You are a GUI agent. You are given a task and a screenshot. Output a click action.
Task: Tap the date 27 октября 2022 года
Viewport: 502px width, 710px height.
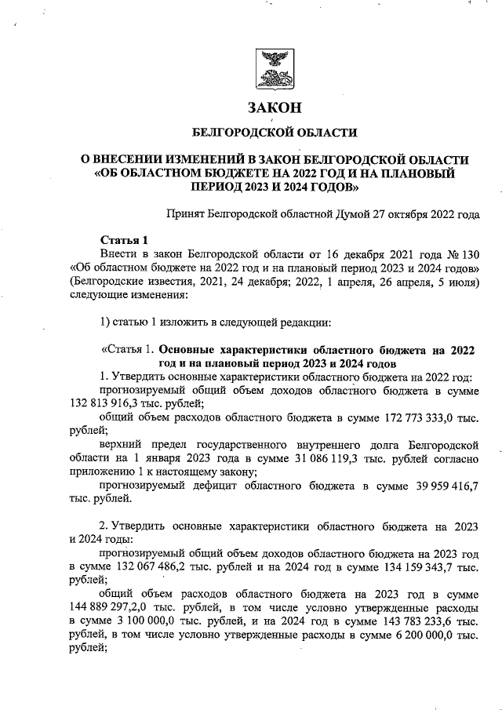(x=418, y=214)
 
